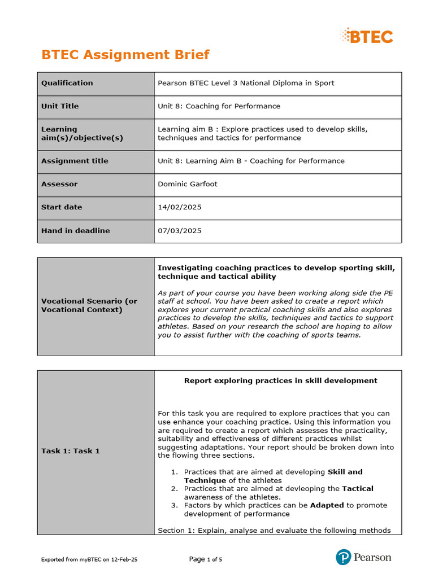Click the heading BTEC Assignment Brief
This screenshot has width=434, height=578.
point(125,55)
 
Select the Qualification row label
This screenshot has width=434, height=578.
point(67,83)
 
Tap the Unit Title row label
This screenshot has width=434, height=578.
point(60,106)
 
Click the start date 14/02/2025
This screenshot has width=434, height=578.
point(179,207)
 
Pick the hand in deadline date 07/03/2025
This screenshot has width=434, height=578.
point(179,230)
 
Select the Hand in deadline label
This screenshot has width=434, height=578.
point(75,230)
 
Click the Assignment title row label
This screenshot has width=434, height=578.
point(75,161)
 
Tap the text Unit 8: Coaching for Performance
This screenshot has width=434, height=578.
point(219,106)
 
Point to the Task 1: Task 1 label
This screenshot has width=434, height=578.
point(70,451)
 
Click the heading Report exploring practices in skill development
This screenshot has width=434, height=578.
point(280,380)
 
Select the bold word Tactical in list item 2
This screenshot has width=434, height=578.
point(358,488)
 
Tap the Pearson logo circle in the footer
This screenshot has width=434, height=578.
point(343,558)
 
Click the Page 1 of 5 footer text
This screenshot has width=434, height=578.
point(206,559)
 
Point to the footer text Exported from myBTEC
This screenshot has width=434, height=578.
point(89,559)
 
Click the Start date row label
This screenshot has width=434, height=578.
point(61,207)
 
